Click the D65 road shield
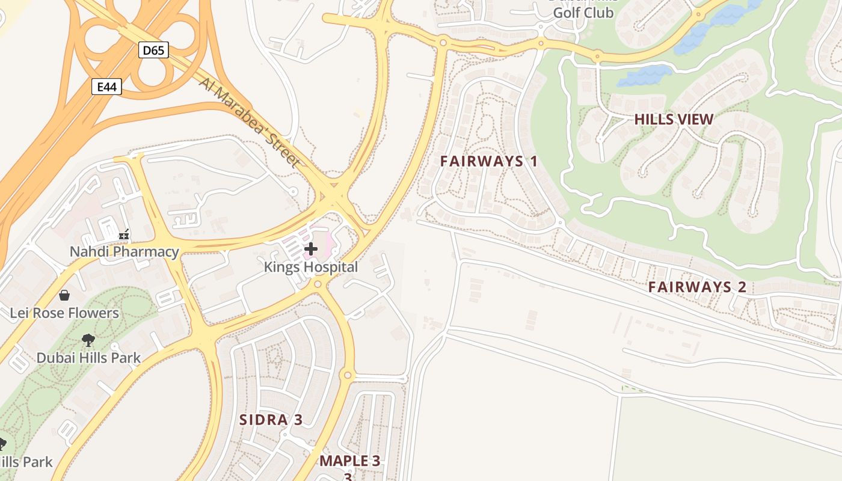pos(153,50)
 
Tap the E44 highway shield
pos(106,87)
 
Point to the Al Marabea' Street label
pos(249,123)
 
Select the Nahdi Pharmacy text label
pos(124,251)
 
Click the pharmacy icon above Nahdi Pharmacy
pos(124,234)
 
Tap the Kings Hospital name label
pos(311,267)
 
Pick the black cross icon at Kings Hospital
pos(311,248)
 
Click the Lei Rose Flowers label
pos(64,313)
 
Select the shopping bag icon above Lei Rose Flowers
pos(64,295)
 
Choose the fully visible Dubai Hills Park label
pos(88,358)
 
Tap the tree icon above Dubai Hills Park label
pos(88,340)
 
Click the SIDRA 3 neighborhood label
pos(271,420)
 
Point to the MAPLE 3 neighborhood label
pos(349,461)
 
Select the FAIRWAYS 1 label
pos(489,161)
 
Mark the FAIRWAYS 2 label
pos(697,287)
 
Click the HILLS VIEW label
pos(674,119)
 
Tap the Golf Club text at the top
pos(583,13)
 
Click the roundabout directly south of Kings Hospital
pos(318,284)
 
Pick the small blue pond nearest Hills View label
pos(645,76)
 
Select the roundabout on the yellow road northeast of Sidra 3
pos(347,375)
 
